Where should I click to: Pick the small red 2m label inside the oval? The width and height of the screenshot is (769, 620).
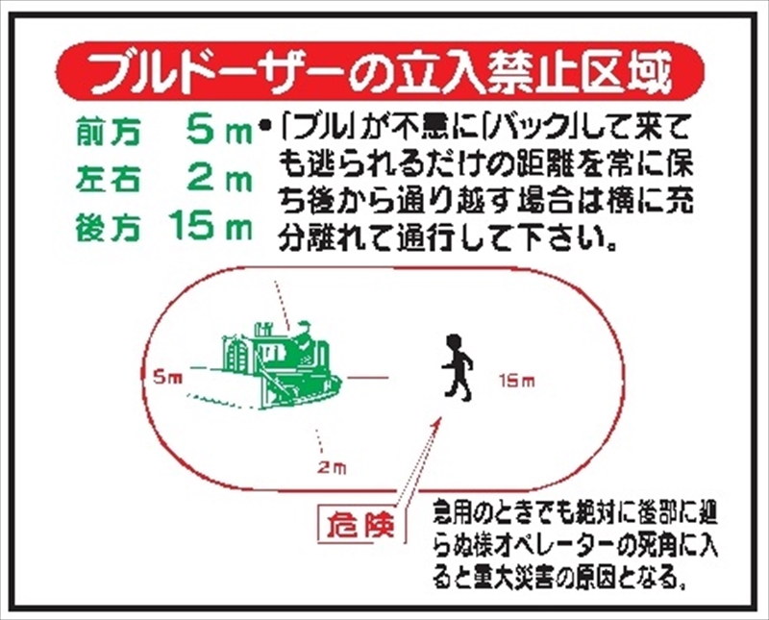click(331, 468)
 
